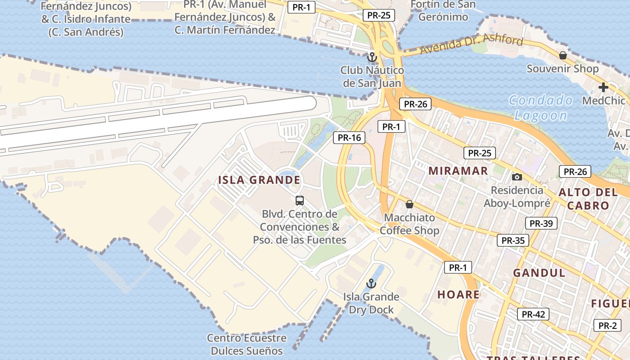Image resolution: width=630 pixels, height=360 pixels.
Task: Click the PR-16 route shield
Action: pos(349,138)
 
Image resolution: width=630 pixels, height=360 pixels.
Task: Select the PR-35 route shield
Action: pos(513,240)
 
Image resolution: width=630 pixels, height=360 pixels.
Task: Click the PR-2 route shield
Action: pos(607,325)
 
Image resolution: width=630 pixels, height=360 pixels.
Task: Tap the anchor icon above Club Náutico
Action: pos(372,58)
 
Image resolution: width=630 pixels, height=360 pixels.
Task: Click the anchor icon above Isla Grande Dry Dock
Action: pos(371,283)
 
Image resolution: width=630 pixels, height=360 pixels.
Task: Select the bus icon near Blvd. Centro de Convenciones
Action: pos(300,200)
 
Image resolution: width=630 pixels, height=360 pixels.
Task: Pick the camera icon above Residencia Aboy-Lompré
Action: pos(517,177)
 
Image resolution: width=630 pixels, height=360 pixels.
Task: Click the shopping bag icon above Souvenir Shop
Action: pos(562,55)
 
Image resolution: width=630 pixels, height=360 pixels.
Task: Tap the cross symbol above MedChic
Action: pos(603,87)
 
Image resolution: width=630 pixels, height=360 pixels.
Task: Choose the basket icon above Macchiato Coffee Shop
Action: pos(409,204)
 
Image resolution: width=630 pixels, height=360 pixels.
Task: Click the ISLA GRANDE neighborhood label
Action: pos(259,180)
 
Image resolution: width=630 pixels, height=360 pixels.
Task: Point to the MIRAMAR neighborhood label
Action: pos(458,171)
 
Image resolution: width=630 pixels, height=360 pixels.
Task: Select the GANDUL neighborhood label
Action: pos(539,273)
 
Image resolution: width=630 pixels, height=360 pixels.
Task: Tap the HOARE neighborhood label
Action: pos(459,295)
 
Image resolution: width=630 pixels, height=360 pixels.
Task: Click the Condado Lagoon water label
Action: pos(541,108)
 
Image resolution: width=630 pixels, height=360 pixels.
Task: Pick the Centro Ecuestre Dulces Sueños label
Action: pos(247,344)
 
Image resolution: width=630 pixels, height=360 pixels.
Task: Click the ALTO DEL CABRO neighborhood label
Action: pos(588,199)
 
